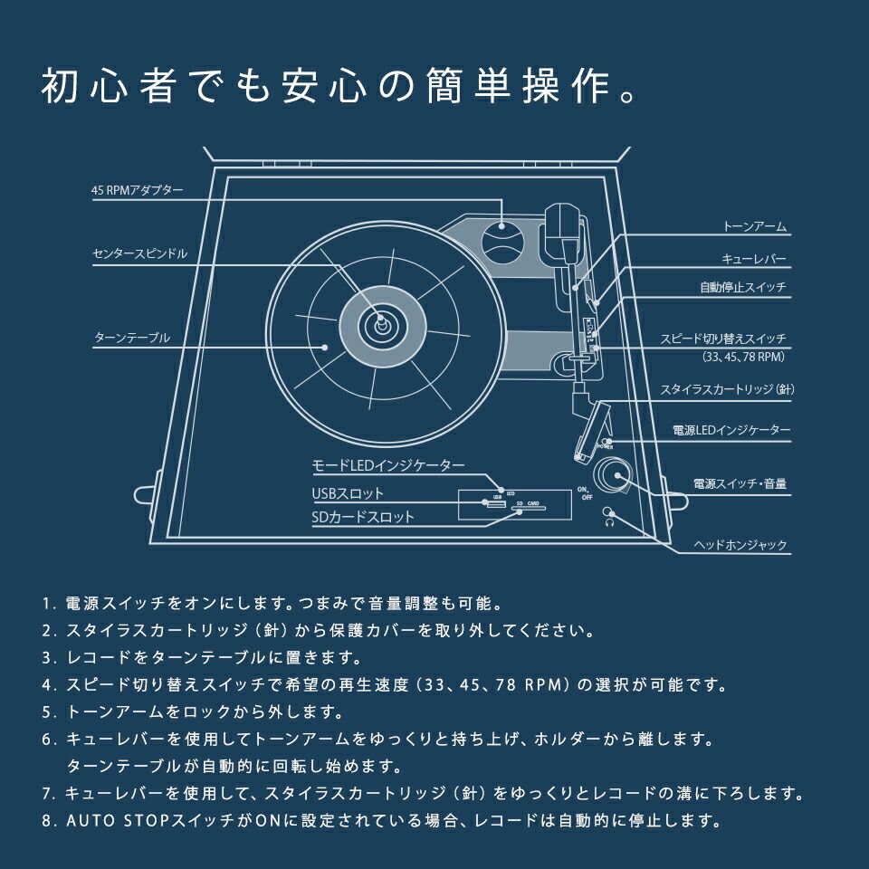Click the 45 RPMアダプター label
[x=137, y=191]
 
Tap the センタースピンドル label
[x=139, y=254]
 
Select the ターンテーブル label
[x=132, y=337]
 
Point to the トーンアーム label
[x=755, y=226]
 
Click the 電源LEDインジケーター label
[x=731, y=430]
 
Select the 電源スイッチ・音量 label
[x=740, y=484]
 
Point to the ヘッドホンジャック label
[x=740, y=546]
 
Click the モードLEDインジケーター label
[x=388, y=465]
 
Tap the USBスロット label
[x=348, y=494]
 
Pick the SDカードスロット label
[x=362, y=517]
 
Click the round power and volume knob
[x=611, y=474]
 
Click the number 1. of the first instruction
[x=49, y=603]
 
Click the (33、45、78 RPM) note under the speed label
[x=743, y=358]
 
